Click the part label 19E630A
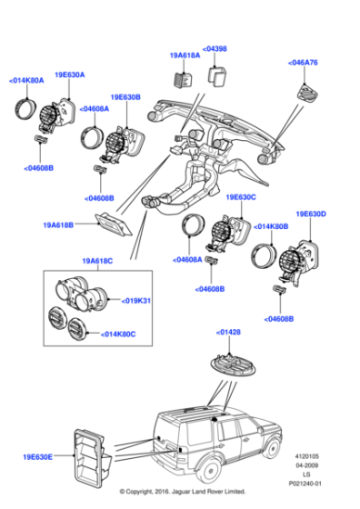click(69, 75)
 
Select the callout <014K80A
click(26, 81)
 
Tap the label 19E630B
click(126, 97)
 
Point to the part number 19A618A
click(183, 55)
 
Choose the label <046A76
click(304, 63)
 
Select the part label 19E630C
click(240, 196)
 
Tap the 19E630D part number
click(311, 215)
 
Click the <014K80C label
click(119, 334)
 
